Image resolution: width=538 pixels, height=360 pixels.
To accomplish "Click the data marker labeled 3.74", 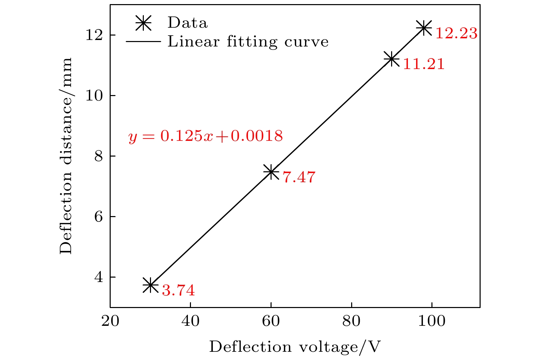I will click(x=150, y=285).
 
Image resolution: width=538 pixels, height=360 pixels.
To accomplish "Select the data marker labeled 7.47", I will click(x=271, y=172).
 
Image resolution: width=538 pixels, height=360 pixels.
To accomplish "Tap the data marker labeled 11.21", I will click(x=391, y=59).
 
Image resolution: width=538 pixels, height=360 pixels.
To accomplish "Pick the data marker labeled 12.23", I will click(x=424, y=28).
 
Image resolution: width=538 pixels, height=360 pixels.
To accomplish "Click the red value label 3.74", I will click(x=178, y=291).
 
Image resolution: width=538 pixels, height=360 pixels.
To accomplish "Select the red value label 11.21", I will click(x=424, y=64).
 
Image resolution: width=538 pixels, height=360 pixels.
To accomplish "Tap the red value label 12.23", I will click(x=456, y=34).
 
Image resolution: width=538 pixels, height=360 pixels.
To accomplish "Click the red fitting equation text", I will click(x=206, y=136).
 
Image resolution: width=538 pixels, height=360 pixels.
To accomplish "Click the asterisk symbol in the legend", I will click(x=143, y=23).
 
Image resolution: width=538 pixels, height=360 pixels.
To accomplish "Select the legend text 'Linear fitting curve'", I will click(x=248, y=42).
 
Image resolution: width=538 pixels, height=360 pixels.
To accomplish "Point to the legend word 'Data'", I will click(x=188, y=23).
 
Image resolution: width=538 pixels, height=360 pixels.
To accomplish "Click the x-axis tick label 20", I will click(x=110, y=321).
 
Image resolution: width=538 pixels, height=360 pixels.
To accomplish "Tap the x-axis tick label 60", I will click(x=271, y=321).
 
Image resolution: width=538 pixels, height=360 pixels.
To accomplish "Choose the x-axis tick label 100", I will click(x=432, y=321).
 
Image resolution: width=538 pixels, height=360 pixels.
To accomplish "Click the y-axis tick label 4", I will click(x=98, y=277).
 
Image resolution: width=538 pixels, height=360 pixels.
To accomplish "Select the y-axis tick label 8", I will click(x=98, y=156).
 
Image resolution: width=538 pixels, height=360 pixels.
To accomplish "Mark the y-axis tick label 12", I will click(x=94, y=35).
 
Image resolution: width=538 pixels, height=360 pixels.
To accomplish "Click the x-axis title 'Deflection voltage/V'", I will click(x=294, y=347).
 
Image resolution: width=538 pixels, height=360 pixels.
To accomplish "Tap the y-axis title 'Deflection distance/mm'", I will click(x=66, y=156).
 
